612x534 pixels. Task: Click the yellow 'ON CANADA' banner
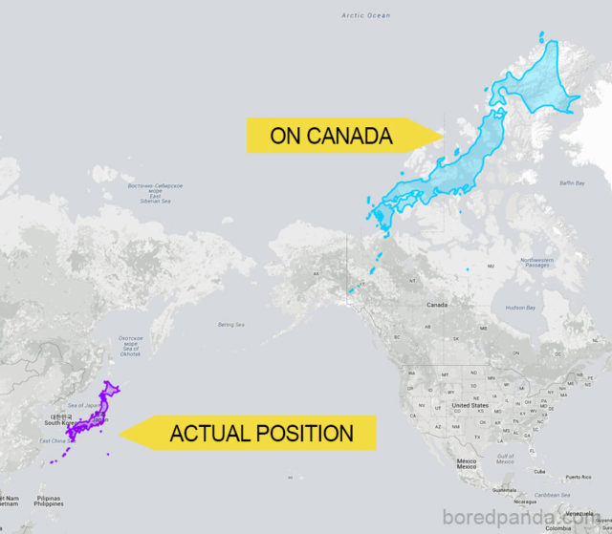point(331,136)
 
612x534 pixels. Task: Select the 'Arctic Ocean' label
point(366,15)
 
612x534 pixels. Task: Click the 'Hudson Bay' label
point(520,308)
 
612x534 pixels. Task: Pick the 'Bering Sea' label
point(231,324)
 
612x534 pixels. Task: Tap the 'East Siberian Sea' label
point(156,194)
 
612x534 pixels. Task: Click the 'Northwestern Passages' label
point(536,261)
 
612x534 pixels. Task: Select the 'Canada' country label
point(437,305)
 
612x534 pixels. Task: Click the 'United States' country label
point(470,405)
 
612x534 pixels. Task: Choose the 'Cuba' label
point(540,471)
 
